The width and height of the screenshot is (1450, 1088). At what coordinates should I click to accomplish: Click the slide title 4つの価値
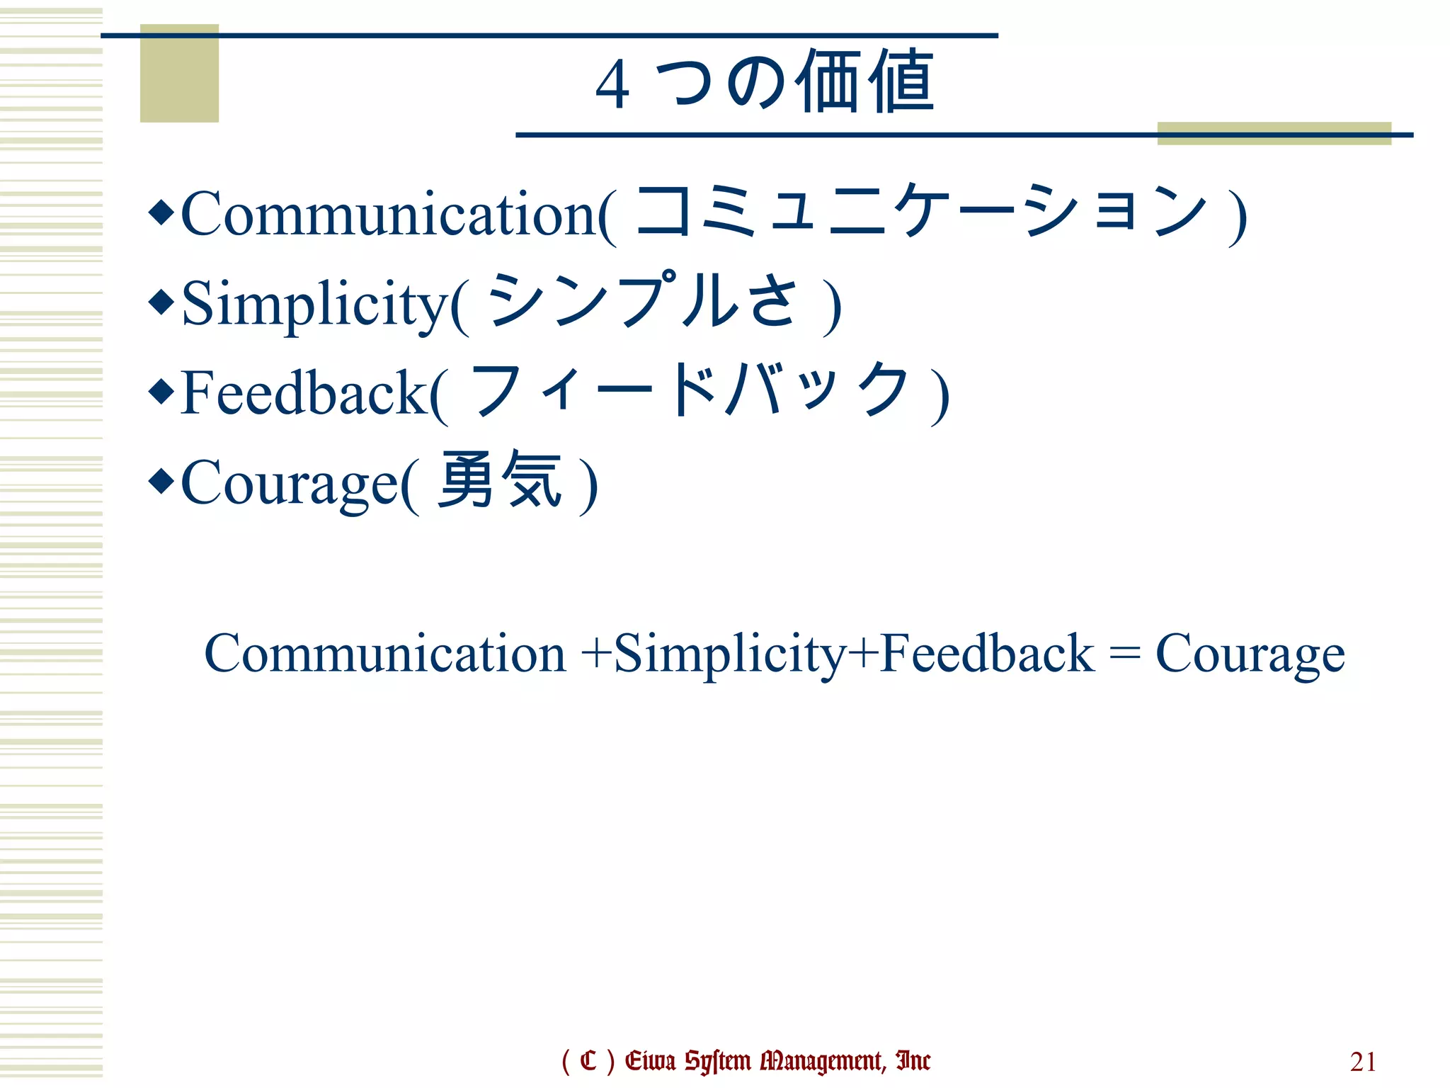point(765,82)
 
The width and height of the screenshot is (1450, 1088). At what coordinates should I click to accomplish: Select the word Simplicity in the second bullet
point(316,305)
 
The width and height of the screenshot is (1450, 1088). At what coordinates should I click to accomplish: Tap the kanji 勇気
point(500,480)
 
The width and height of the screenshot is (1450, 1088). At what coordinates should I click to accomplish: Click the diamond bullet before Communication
point(161,212)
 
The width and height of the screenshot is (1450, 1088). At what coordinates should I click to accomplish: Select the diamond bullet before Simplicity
point(161,302)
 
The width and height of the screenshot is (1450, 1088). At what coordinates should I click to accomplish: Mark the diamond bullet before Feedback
point(161,392)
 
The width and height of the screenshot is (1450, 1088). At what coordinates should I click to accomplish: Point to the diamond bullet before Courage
point(161,482)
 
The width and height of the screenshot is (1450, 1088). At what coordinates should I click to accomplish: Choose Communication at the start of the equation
point(384,653)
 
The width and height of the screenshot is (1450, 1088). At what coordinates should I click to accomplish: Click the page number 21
point(1363,1062)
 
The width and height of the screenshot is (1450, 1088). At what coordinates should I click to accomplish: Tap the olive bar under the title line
point(1274,134)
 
